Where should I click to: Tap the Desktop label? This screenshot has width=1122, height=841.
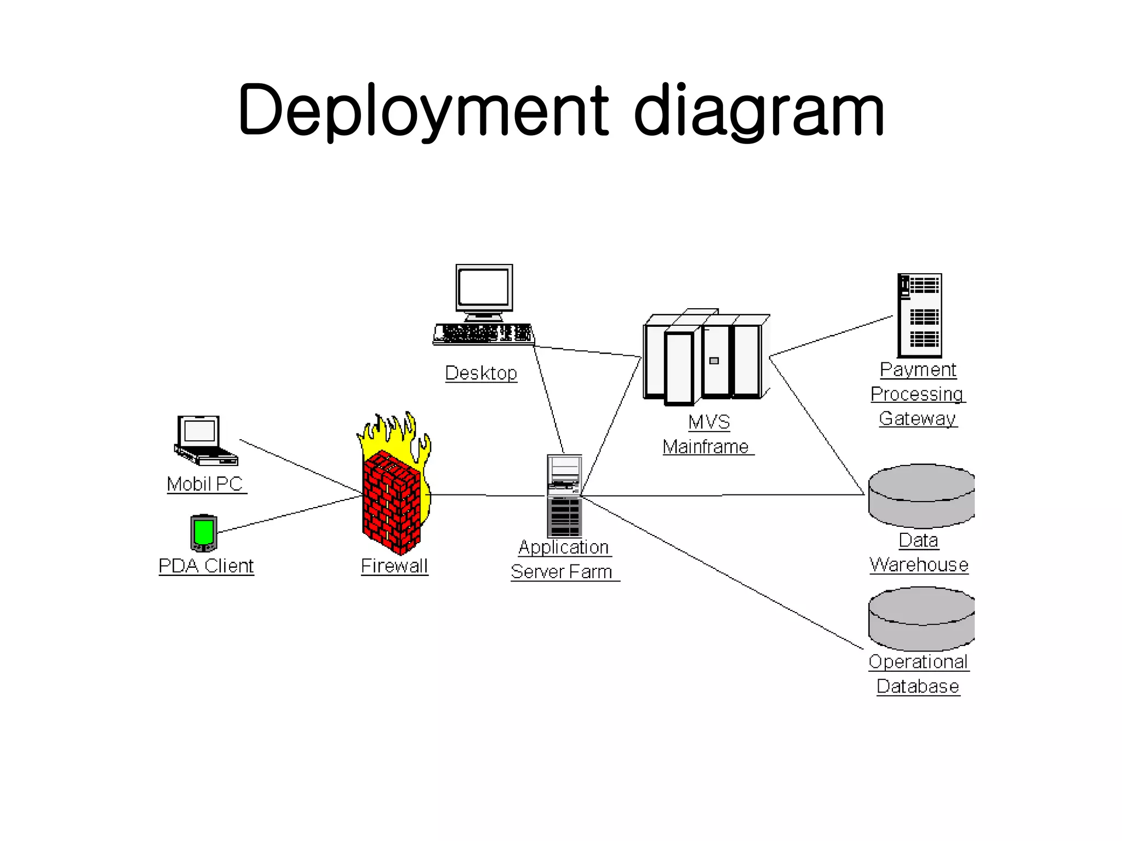[480, 373]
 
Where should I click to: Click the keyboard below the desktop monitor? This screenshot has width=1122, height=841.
[483, 333]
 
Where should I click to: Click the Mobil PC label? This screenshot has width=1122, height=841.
[205, 484]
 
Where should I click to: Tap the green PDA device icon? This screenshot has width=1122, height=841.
[204, 533]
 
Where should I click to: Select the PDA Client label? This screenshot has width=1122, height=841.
[206, 566]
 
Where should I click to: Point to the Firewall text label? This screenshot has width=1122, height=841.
[394, 566]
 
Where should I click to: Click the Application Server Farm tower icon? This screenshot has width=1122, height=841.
[564, 496]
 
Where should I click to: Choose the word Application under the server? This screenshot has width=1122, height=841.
[563, 547]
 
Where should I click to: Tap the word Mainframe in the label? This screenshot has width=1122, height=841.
[706, 447]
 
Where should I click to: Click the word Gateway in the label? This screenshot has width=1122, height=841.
[917, 418]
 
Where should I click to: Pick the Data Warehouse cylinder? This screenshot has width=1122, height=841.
[921, 496]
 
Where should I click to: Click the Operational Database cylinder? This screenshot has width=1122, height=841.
[921, 618]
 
